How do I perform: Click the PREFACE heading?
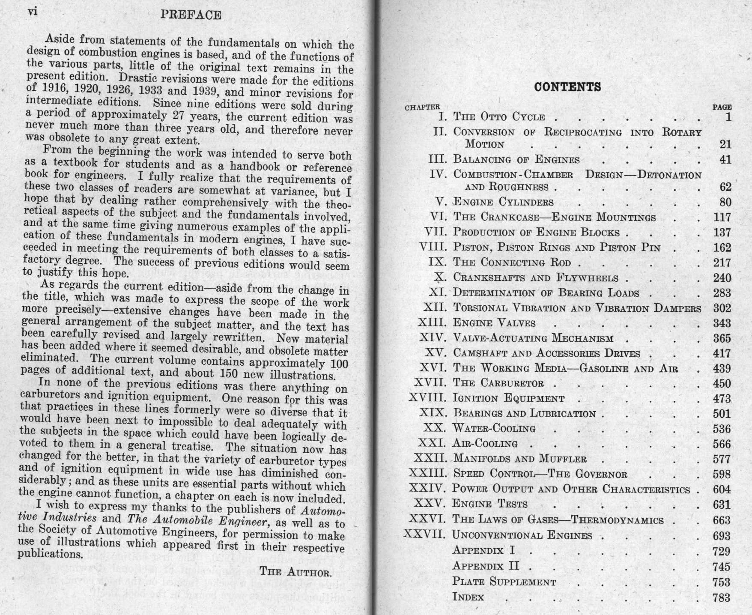(x=191, y=15)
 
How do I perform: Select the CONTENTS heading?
(x=567, y=87)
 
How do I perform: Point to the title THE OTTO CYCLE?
(x=499, y=117)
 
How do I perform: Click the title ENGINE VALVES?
(x=494, y=323)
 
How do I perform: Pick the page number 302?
(x=722, y=308)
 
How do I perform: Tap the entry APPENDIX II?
(x=486, y=566)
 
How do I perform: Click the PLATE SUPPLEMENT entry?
(x=504, y=582)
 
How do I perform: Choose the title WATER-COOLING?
(x=494, y=428)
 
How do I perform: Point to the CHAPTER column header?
(x=422, y=107)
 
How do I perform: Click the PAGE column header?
(x=722, y=107)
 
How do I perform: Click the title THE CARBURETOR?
(x=498, y=383)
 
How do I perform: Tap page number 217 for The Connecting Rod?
(x=722, y=263)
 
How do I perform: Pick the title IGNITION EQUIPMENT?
(x=509, y=398)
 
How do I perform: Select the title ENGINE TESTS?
(x=490, y=504)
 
